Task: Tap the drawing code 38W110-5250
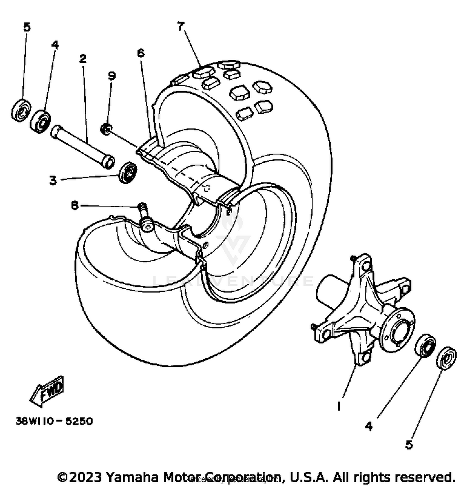pyautogui.click(x=54, y=421)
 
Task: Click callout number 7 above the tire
pyautogui.click(x=181, y=27)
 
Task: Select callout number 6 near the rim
pyautogui.click(x=141, y=53)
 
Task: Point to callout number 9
pyautogui.click(x=112, y=76)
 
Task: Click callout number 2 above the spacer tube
pyautogui.click(x=83, y=59)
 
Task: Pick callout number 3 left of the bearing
pyautogui.click(x=53, y=180)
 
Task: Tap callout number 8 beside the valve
pyautogui.click(x=75, y=206)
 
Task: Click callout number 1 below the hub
pyautogui.click(x=338, y=406)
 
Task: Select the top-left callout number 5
pyautogui.click(x=27, y=27)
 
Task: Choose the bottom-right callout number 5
pyautogui.click(x=409, y=445)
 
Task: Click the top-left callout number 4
pyautogui.click(x=55, y=45)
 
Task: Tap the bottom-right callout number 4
pyautogui.click(x=369, y=426)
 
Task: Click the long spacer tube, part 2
pyautogui.click(x=83, y=146)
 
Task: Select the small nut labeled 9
pyautogui.click(x=106, y=129)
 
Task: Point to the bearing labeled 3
pyautogui.click(x=128, y=172)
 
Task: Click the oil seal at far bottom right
pyautogui.click(x=446, y=358)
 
